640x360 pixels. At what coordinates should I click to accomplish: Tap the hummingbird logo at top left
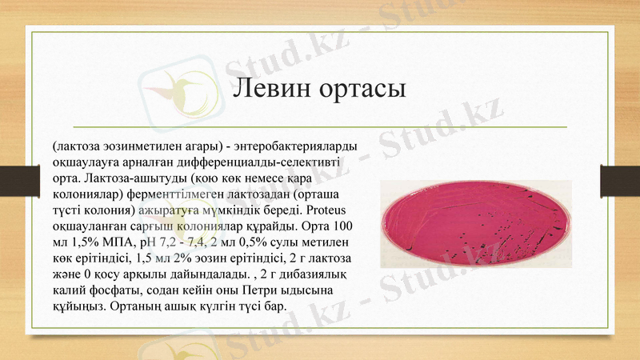click(x=169, y=89)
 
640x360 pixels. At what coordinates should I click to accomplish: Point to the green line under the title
click(x=320, y=126)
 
